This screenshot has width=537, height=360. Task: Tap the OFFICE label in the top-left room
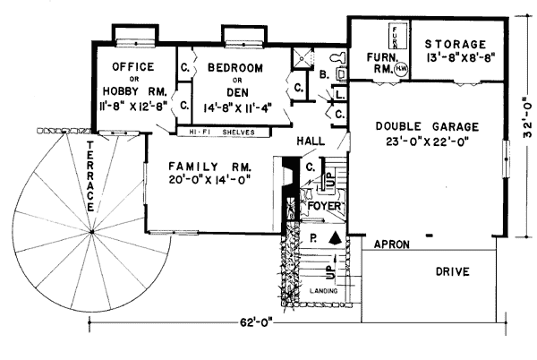pos(133,67)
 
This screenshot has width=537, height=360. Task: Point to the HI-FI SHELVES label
pos(223,131)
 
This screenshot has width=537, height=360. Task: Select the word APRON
pos(390,243)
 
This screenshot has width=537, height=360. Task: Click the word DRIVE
pos(453,271)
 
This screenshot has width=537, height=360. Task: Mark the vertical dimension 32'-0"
pos(527,122)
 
